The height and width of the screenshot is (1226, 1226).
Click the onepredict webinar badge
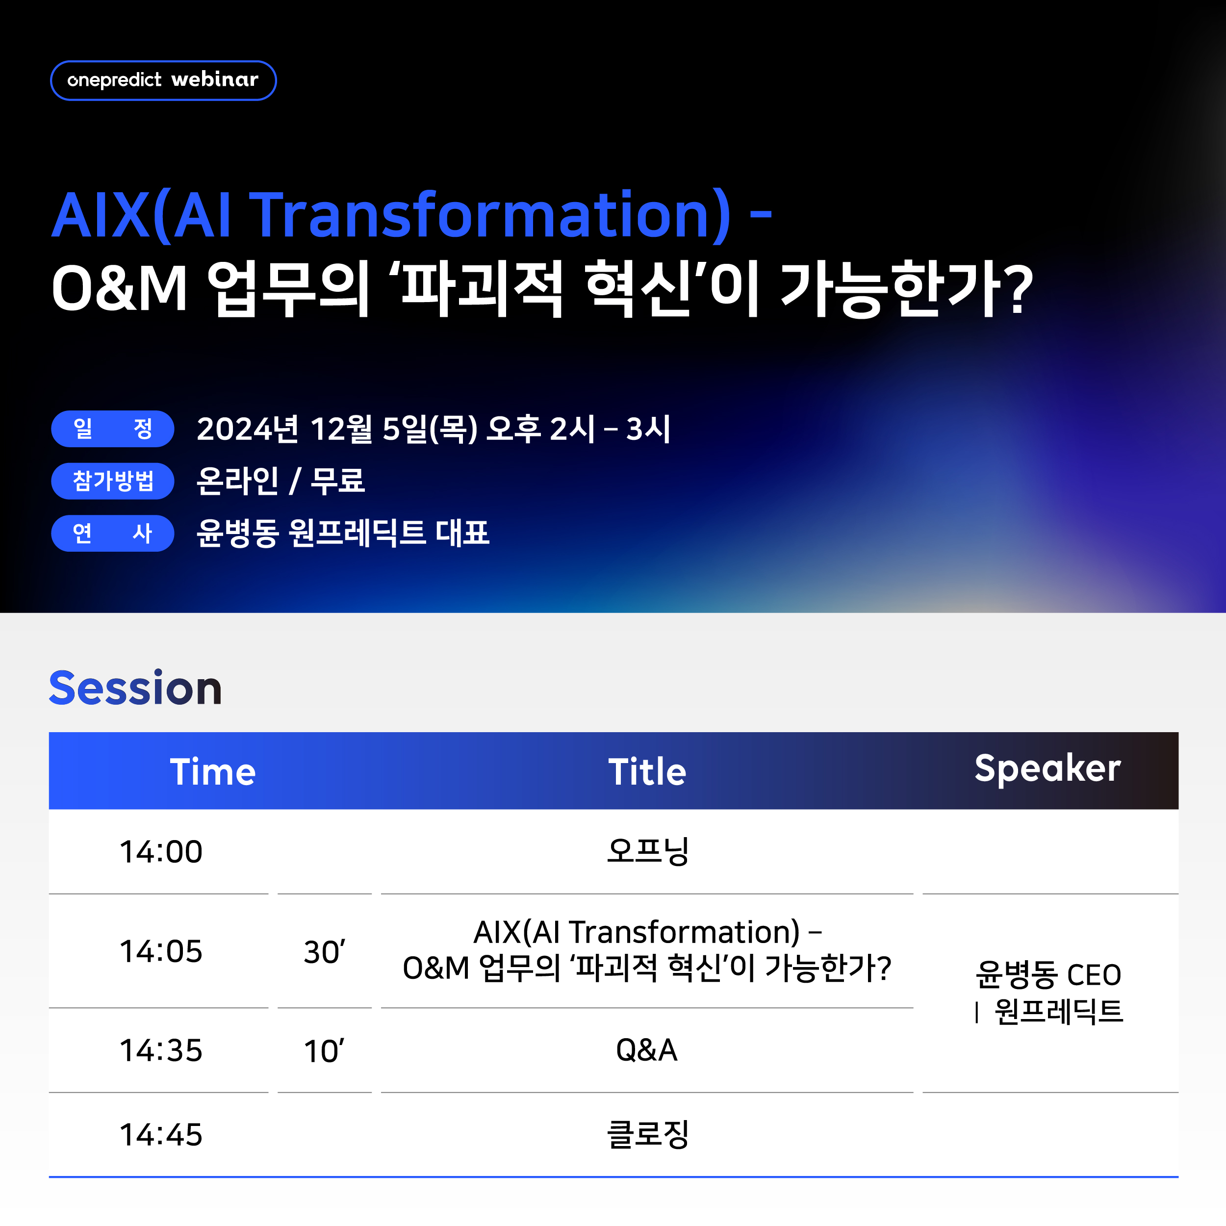(163, 80)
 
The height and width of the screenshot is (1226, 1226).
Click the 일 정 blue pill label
(112, 429)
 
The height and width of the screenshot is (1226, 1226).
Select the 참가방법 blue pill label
(112, 481)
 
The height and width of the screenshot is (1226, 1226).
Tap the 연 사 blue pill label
(112, 533)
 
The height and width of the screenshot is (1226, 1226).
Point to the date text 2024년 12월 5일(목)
(337, 429)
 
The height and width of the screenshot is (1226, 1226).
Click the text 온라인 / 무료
(281, 481)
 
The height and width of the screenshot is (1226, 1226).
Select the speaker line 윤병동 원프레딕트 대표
(343, 533)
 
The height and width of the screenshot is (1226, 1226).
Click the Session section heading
(136, 689)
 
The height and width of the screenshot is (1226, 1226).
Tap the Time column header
(212, 771)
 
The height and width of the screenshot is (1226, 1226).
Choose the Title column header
(647, 771)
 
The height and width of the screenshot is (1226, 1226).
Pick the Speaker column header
(1047, 769)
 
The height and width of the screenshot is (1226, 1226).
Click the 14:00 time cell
(161, 852)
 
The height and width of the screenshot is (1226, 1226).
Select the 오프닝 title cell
(647, 851)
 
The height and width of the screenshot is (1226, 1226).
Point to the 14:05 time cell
(161, 951)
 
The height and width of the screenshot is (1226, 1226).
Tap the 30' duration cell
(324, 952)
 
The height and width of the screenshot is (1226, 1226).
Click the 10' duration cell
(324, 1051)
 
